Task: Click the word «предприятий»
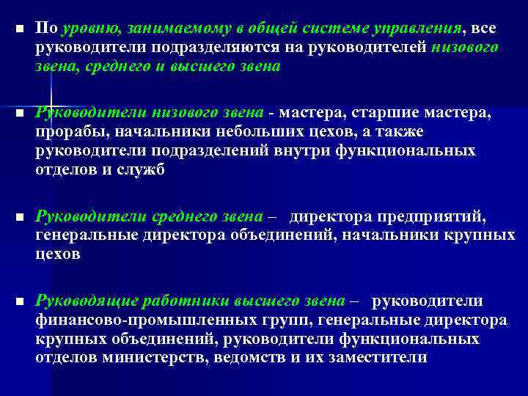441,217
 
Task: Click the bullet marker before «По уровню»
19,29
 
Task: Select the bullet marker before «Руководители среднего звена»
19,218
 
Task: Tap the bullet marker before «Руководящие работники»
19,302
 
